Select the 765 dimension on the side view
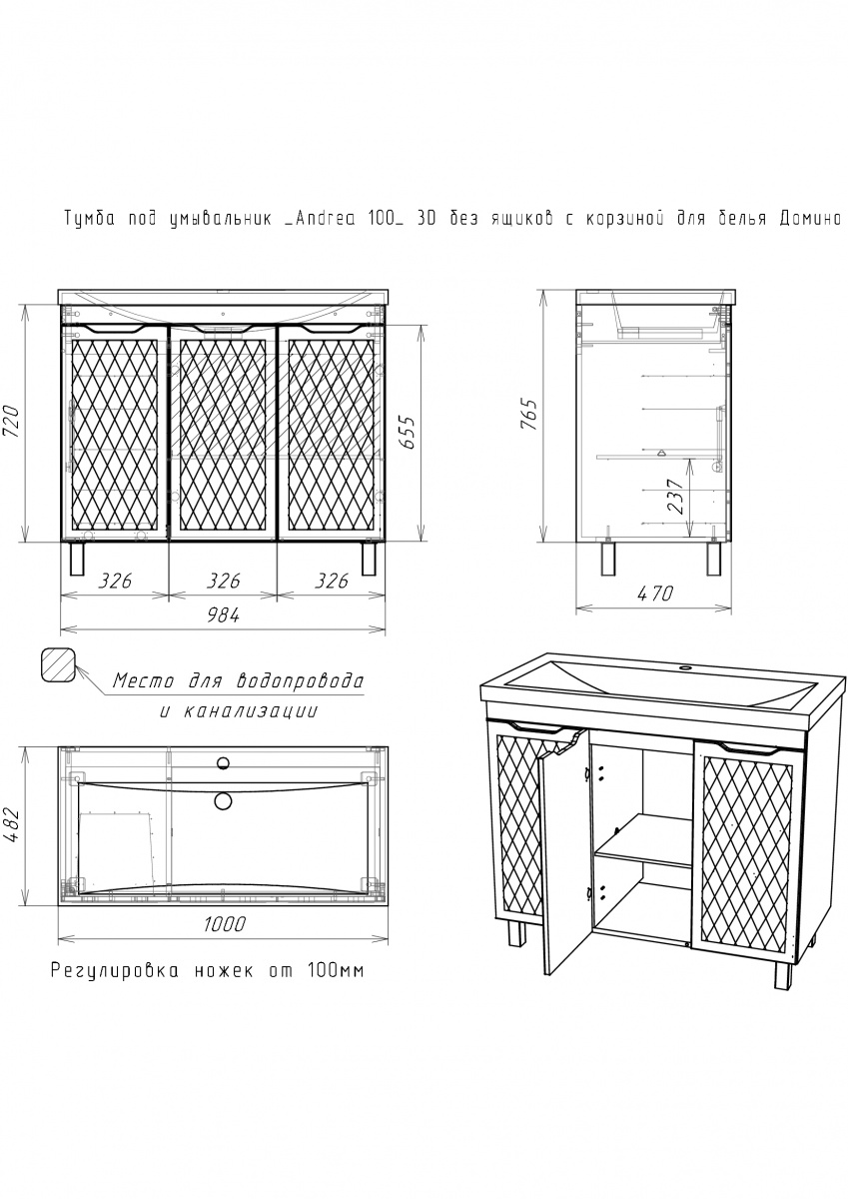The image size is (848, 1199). coord(529,415)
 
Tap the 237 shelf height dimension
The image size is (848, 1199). coord(677,496)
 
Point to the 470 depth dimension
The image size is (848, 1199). coord(655,594)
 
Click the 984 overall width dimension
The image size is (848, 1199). coord(223,615)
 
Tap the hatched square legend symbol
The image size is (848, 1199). coord(58,664)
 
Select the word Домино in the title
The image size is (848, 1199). coord(811,219)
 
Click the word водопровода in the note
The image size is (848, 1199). coord(300,681)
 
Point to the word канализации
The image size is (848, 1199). coord(251,710)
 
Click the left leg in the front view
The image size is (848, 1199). coord(77,559)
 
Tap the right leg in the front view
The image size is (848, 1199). coord(370,559)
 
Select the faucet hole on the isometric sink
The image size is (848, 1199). coord(684,668)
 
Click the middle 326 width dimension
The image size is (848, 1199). coord(223,581)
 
